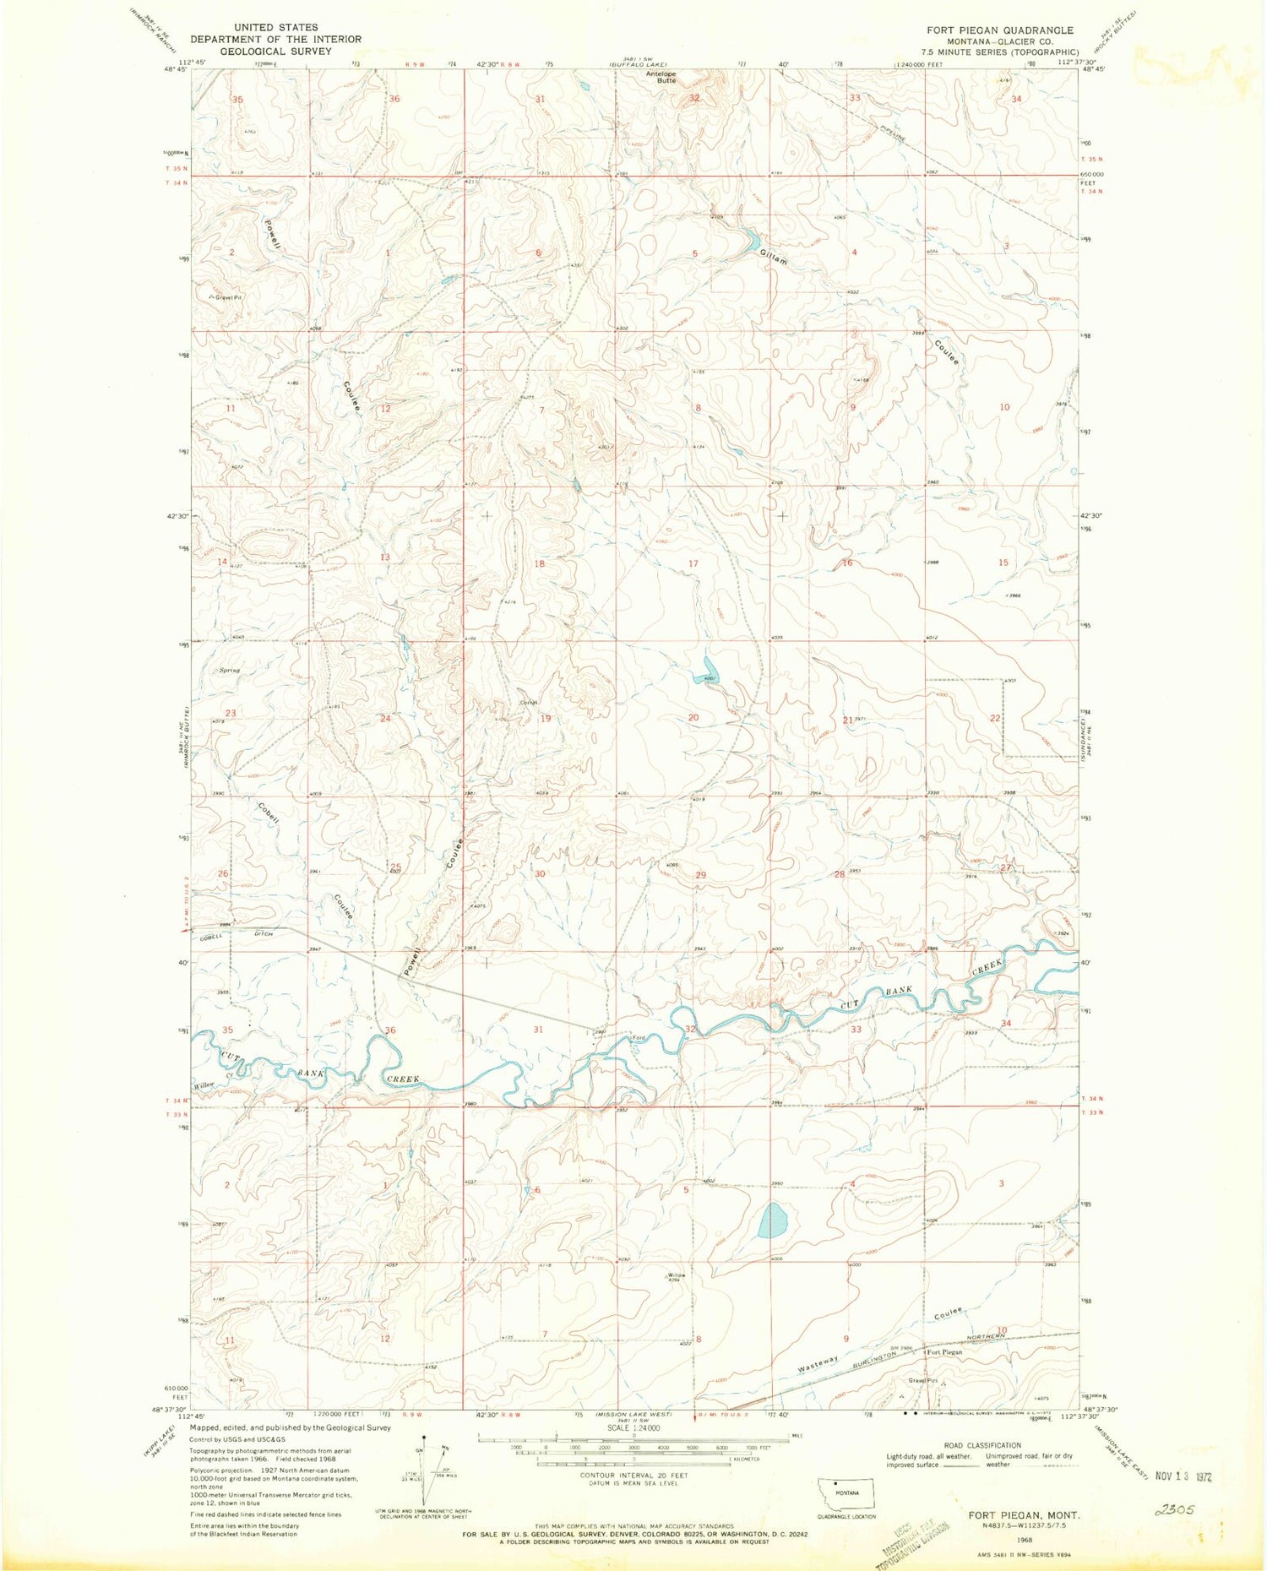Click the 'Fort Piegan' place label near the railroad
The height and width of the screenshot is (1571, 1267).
coord(944,1352)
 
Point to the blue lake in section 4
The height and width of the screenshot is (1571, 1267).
coord(773,1220)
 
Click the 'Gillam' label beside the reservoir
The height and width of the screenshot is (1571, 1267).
coord(773,257)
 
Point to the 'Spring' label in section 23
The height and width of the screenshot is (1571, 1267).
coord(230,670)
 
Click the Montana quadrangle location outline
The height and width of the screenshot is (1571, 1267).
coord(846,1492)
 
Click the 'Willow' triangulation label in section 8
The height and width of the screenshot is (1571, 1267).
coord(676,1275)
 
